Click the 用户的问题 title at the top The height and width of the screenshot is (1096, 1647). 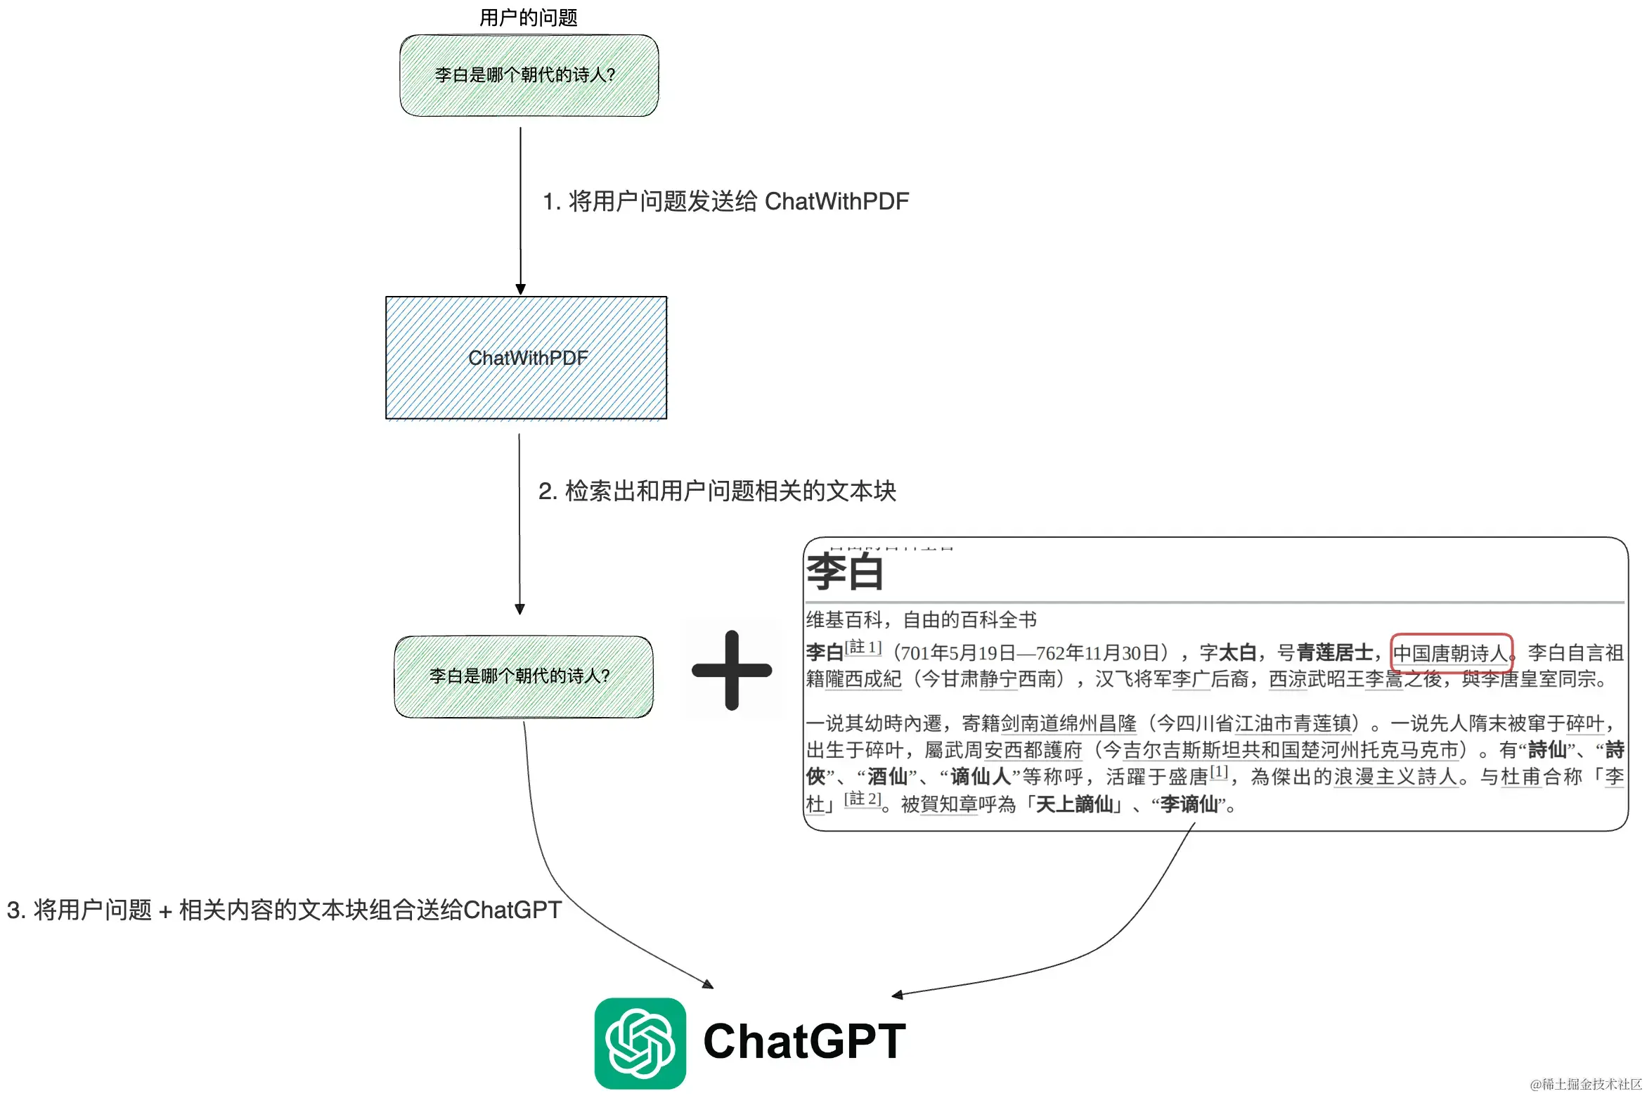click(x=528, y=17)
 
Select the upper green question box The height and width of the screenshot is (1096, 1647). click(x=529, y=75)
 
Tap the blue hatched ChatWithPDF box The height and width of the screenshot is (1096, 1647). click(x=527, y=358)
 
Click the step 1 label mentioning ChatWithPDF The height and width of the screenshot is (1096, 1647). click(x=725, y=202)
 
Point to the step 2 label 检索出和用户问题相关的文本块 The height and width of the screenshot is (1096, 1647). click(x=717, y=491)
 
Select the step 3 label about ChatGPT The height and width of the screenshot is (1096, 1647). click(x=284, y=910)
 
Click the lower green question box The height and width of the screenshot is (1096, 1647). click(x=524, y=676)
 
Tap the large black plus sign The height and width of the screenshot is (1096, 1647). click(x=732, y=670)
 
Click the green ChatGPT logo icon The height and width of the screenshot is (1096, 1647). click(x=640, y=1043)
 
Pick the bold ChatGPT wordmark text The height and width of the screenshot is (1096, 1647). click(x=804, y=1042)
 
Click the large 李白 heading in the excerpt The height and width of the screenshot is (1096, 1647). click(x=844, y=572)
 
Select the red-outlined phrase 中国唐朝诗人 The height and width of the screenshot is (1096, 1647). click(x=1451, y=653)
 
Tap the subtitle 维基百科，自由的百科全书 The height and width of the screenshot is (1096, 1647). click(x=921, y=620)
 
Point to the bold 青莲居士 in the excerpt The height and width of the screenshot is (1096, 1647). click(x=1334, y=653)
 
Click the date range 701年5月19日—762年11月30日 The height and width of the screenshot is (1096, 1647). click(x=1030, y=653)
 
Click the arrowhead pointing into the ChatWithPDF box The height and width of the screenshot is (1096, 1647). click(x=520, y=289)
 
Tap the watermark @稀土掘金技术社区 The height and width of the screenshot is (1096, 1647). click(x=1585, y=1084)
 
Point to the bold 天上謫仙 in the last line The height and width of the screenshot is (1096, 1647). click(x=1075, y=804)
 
